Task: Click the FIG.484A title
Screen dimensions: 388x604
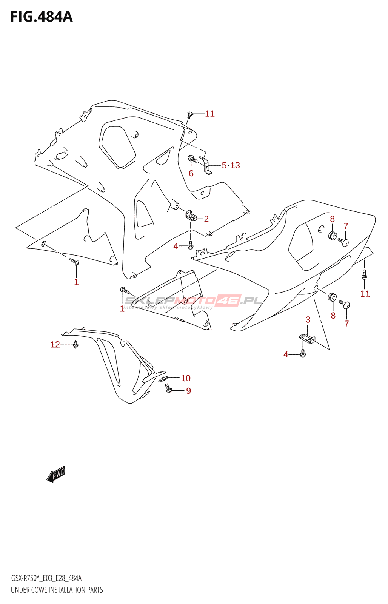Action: [x=42, y=17]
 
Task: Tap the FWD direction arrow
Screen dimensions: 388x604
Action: [x=56, y=474]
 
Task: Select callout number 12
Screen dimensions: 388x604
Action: [x=55, y=344]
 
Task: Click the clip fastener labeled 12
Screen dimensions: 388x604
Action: [x=76, y=344]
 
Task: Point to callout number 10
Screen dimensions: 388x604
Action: [x=185, y=378]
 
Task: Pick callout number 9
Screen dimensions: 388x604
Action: [x=188, y=391]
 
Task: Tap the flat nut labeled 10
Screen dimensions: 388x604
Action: [x=163, y=379]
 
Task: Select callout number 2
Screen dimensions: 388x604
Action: [x=206, y=219]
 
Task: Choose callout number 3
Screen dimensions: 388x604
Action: [x=308, y=320]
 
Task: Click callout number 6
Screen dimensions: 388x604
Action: [x=191, y=173]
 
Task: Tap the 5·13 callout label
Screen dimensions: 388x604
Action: [x=231, y=165]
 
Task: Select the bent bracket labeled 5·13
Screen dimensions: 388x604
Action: [x=206, y=165]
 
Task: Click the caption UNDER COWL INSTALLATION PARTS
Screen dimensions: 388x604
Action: [x=57, y=590]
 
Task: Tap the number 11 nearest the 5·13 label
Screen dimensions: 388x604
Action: [x=210, y=114]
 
